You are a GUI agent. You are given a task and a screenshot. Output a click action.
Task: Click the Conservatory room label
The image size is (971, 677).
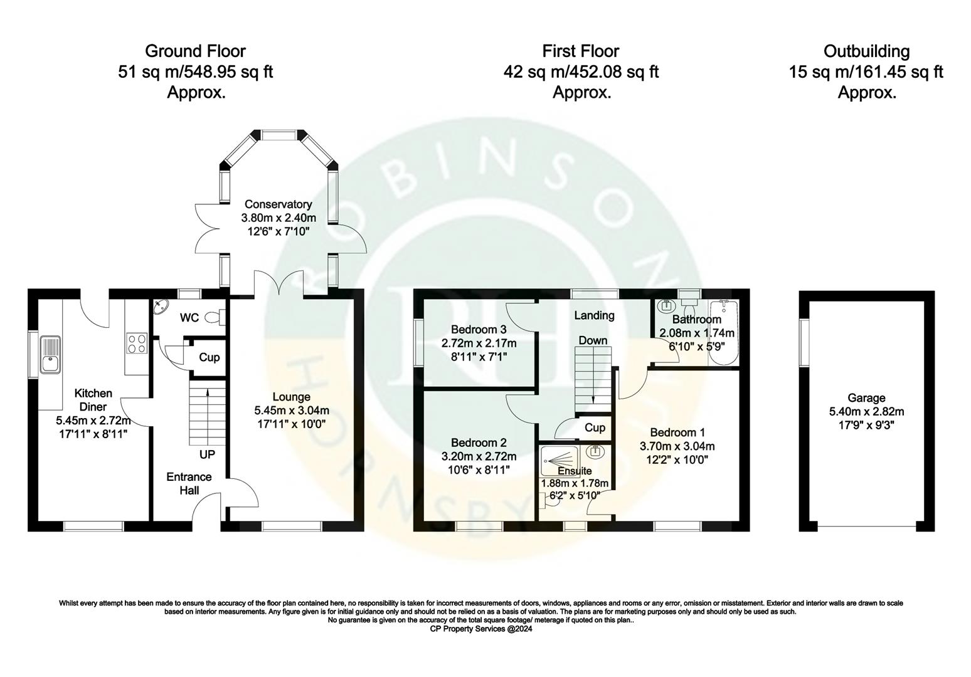click(278, 204)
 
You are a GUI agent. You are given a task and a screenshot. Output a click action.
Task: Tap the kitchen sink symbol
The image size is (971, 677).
click(50, 355)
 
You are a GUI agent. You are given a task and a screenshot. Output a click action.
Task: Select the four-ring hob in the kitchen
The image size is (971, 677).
click(137, 344)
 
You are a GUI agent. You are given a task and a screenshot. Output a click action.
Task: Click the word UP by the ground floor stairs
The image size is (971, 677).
click(206, 454)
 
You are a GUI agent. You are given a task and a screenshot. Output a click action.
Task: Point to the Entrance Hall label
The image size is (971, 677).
click(189, 483)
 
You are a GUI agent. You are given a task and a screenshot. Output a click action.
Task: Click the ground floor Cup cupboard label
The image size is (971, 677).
click(209, 357)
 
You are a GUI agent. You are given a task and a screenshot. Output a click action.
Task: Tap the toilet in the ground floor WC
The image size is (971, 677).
click(213, 318)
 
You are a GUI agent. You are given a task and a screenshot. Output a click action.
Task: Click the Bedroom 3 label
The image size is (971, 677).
click(479, 329)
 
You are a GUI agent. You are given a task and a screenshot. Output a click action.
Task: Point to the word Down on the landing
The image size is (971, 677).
click(593, 340)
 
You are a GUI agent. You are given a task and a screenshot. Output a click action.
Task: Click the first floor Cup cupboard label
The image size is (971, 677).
click(595, 428)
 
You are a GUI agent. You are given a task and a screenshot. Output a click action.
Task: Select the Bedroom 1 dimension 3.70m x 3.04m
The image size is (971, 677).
click(677, 446)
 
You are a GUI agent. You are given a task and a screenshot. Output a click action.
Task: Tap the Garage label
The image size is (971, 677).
click(866, 397)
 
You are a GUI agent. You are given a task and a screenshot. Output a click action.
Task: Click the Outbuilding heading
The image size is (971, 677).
click(866, 51)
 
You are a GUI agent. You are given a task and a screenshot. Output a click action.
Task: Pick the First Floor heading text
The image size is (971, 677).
click(581, 51)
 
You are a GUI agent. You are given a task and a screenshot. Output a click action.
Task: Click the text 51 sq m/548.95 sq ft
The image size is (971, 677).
click(195, 72)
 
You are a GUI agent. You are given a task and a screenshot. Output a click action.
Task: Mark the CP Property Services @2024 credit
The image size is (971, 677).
click(480, 629)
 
